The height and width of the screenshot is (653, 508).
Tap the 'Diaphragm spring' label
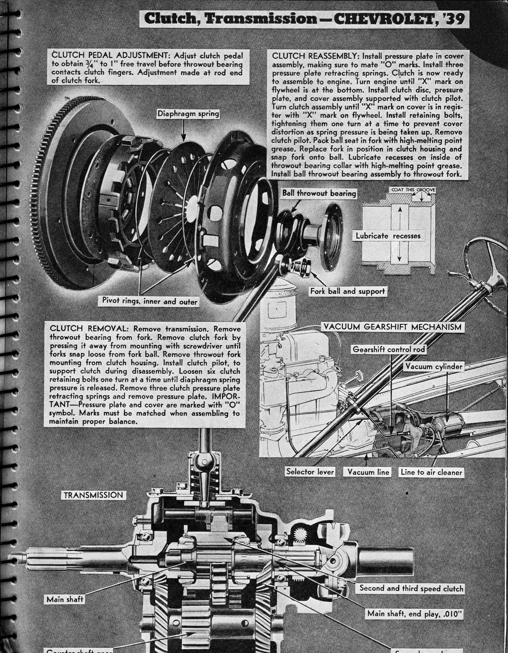(188, 114)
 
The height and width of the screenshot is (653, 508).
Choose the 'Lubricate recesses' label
(388, 236)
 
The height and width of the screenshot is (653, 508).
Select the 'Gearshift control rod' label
(389, 349)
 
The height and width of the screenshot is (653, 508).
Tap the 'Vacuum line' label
(368, 472)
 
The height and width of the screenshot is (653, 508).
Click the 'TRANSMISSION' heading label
(93, 495)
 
